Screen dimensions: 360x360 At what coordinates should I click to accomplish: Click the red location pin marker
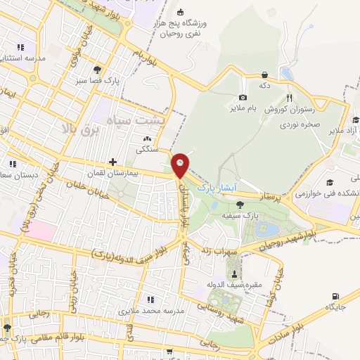point(181,165)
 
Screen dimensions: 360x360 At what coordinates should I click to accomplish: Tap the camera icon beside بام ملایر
point(243,98)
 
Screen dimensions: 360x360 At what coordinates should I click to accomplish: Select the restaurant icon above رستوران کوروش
point(289,98)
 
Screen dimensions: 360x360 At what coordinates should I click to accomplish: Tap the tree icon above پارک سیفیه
point(240,205)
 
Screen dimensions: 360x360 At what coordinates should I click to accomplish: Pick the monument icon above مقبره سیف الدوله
point(233,273)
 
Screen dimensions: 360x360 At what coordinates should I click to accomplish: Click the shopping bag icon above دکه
point(264,75)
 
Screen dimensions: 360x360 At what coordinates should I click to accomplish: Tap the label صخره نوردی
point(303,124)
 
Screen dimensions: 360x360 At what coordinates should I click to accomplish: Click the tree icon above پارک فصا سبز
point(98,70)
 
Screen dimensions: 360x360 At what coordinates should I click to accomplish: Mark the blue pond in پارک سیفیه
point(266,229)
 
